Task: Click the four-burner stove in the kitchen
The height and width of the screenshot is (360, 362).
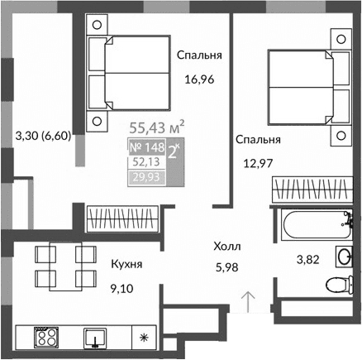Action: [46, 337]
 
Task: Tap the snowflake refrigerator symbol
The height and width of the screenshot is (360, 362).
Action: [145, 338]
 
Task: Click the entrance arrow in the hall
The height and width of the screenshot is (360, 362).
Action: [245, 299]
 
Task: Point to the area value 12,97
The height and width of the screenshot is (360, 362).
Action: [258, 163]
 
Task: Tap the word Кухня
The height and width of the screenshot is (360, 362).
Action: [126, 265]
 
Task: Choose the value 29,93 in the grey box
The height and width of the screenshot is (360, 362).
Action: [145, 176]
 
